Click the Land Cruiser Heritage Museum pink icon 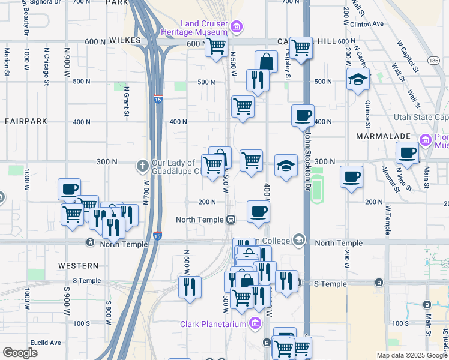point(237,26)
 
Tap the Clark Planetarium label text point(213,324)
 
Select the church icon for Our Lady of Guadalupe point(142,164)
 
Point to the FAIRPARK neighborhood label point(26,121)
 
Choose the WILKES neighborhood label point(125,40)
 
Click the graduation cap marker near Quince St point(358,79)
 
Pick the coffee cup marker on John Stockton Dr point(303,115)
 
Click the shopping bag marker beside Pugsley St point(266,61)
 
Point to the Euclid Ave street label point(46,343)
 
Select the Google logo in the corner point(20,353)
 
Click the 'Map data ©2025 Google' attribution point(412,355)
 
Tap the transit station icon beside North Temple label point(231,220)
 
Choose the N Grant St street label point(127,92)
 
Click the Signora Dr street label point(51,2)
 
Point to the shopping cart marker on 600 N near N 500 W point(215,46)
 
